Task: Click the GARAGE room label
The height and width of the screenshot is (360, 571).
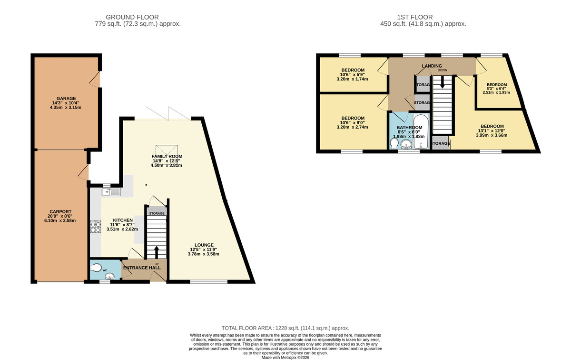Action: pyautogui.click(x=66, y=99)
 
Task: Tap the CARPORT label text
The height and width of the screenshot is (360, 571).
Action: pyautogui.click(x=60, y=211)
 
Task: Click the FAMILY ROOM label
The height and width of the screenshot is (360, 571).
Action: pyautogui.click(x=167, y=156)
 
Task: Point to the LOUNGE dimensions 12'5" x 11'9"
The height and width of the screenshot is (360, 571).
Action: pyautogui.click(x=203, y=250)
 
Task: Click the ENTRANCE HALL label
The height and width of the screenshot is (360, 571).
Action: pyautogui.click(x=142, y=268)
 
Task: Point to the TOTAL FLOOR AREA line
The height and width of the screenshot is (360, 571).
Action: pyautogui.click(x=285, y=328)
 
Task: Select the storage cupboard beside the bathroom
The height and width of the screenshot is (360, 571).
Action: pyautogui.click(x=440, y=143)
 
